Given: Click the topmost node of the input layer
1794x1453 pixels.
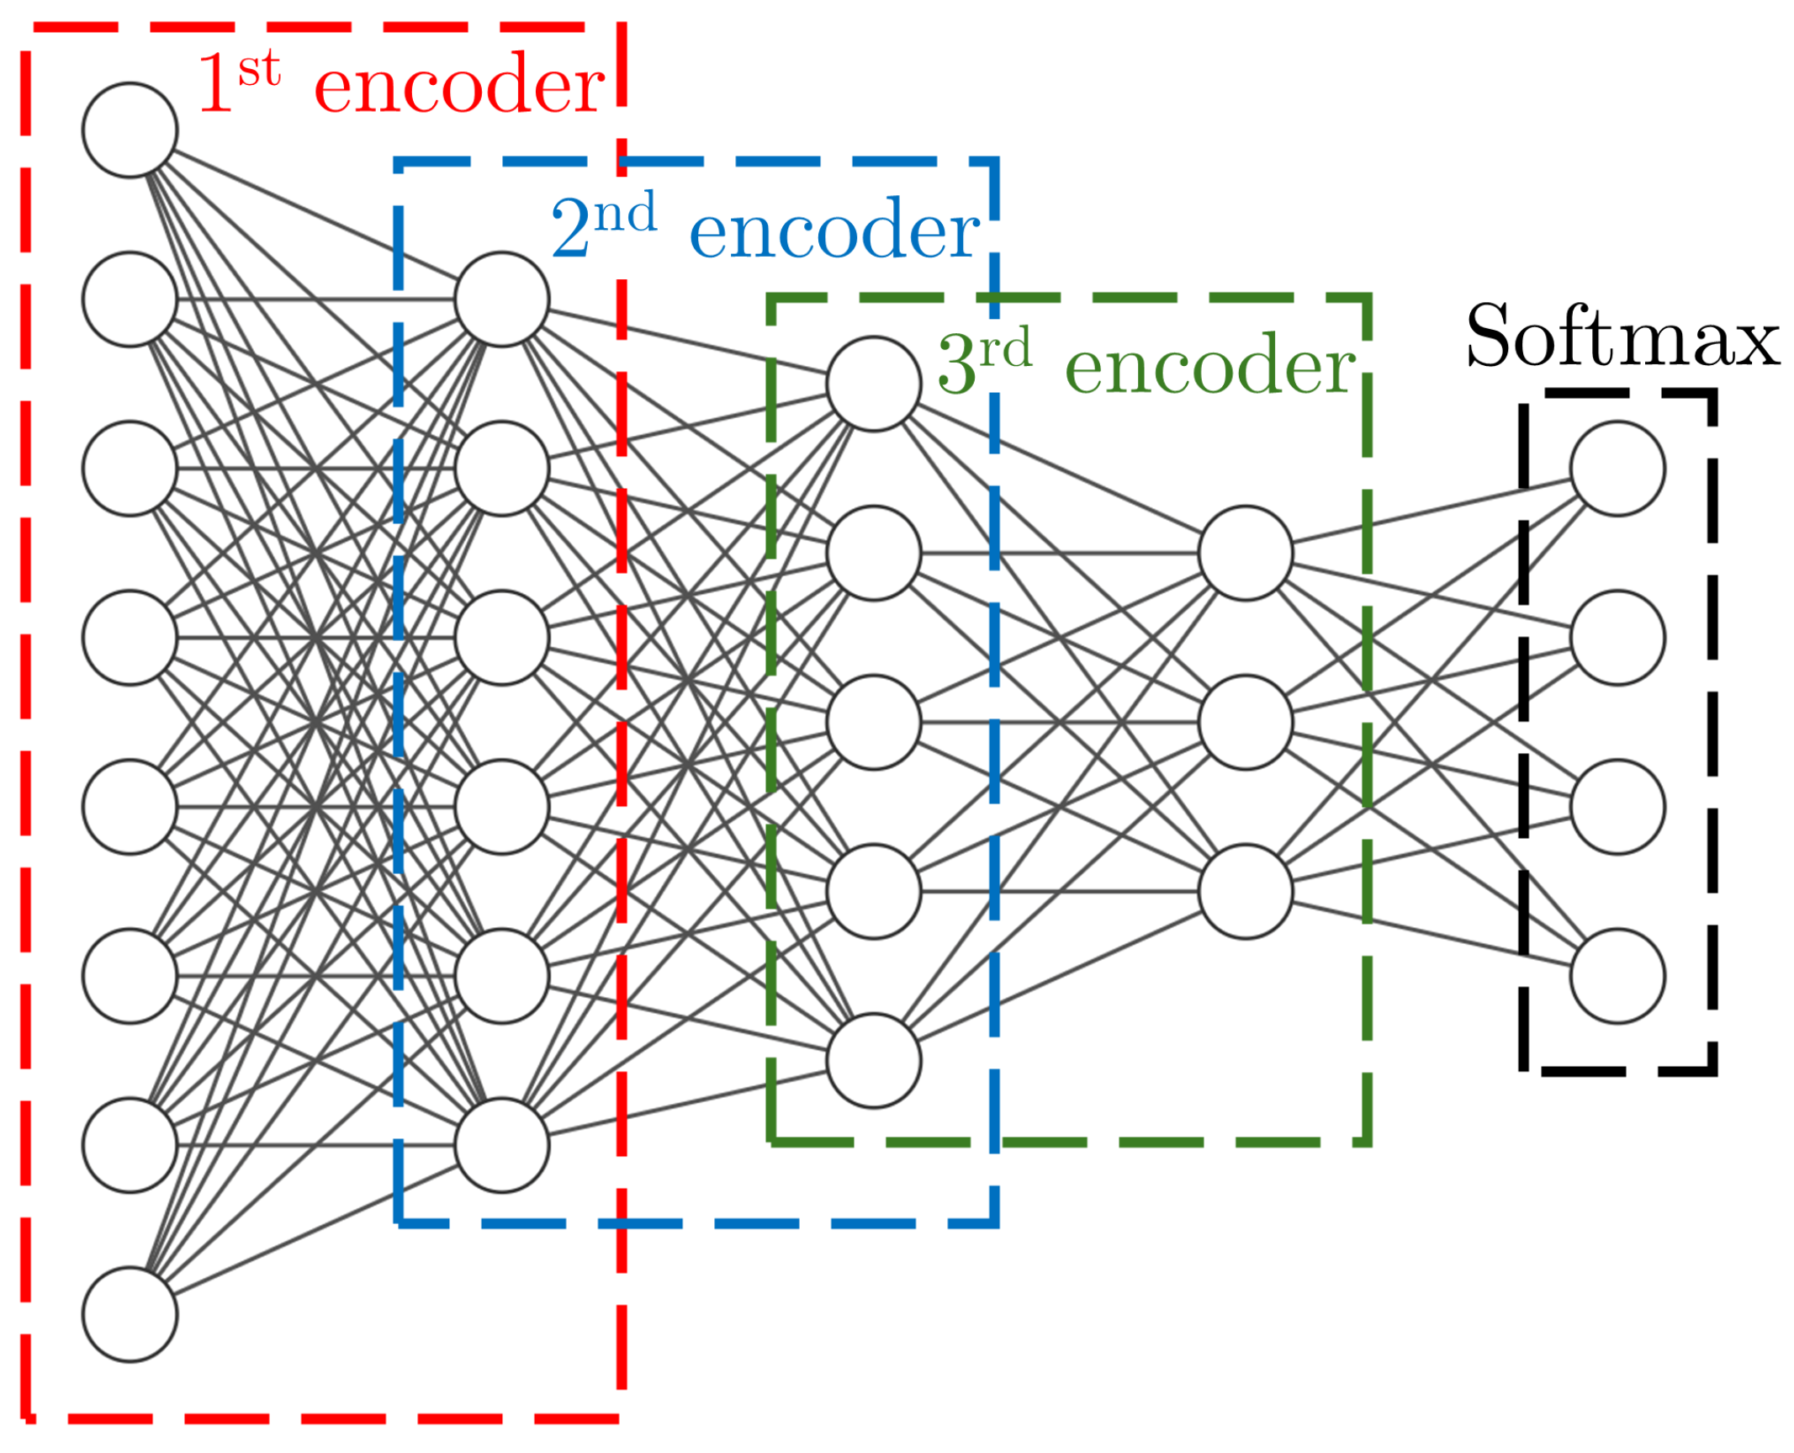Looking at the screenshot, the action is (x=130, y=130).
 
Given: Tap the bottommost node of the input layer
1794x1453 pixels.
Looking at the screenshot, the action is (x=130, y=1314).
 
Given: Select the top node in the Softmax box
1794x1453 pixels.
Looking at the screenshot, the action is (x=1617, y=468).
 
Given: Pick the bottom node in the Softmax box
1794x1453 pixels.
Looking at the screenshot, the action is (x=1617, y=976).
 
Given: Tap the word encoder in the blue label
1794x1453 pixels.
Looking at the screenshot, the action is (x=833, y=230).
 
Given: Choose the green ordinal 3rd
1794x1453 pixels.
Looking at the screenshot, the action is (x=984, y=360).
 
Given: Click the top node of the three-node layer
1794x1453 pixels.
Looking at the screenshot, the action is (x=1245, y=553).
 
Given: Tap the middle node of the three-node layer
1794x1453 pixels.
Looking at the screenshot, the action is (x=1245, y=722).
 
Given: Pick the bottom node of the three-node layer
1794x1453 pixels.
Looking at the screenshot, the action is (x=1245, y=891).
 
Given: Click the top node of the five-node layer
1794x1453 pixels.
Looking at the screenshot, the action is (x=873, y=384).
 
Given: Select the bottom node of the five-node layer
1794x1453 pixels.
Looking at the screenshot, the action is (x=873, y=1060).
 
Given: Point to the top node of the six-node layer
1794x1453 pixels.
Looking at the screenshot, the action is (x=501, y=299).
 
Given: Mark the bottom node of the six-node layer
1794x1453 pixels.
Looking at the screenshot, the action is (x=501, y=1145).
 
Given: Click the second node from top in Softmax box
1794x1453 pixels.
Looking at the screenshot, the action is (x=1617, y=637).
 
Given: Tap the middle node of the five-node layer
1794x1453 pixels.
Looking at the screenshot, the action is (x=873, y=722).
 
